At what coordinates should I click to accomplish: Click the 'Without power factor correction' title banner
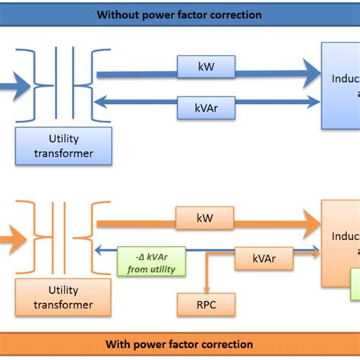[x=180, y=14]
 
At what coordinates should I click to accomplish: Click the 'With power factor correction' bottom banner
[x=180, y=344]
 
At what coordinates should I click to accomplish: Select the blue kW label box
[x=206, y=67]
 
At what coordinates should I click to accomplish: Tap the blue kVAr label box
[x=206, y=107]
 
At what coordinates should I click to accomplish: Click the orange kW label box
[x=204, y=218]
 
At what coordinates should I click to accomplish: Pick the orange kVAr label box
[x=264, y=258]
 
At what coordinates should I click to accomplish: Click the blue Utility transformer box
[x=64, y=146]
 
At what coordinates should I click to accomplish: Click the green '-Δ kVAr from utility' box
[x=151, y=264]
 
